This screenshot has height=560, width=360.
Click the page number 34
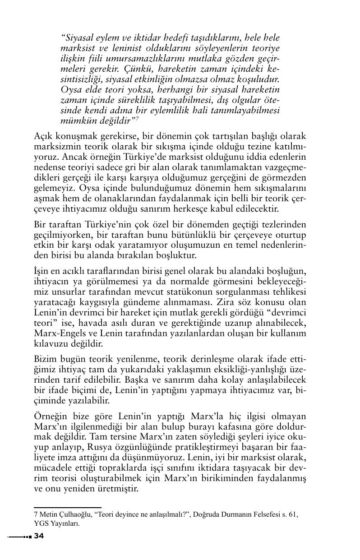click(39, 536)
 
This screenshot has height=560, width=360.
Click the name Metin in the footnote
click(50, 514)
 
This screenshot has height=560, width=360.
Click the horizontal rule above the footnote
click(67, 508)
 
